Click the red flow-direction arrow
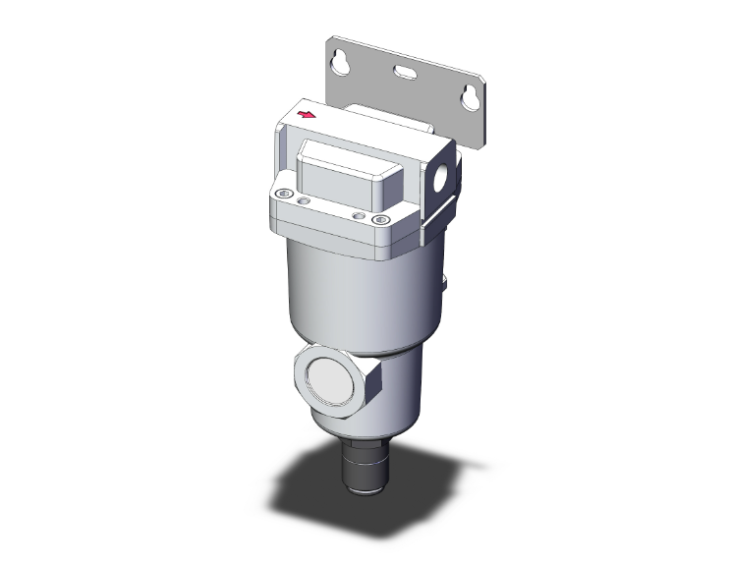pos(307,116)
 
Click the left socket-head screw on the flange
pos(284,194)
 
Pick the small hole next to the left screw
pos(304,199)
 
